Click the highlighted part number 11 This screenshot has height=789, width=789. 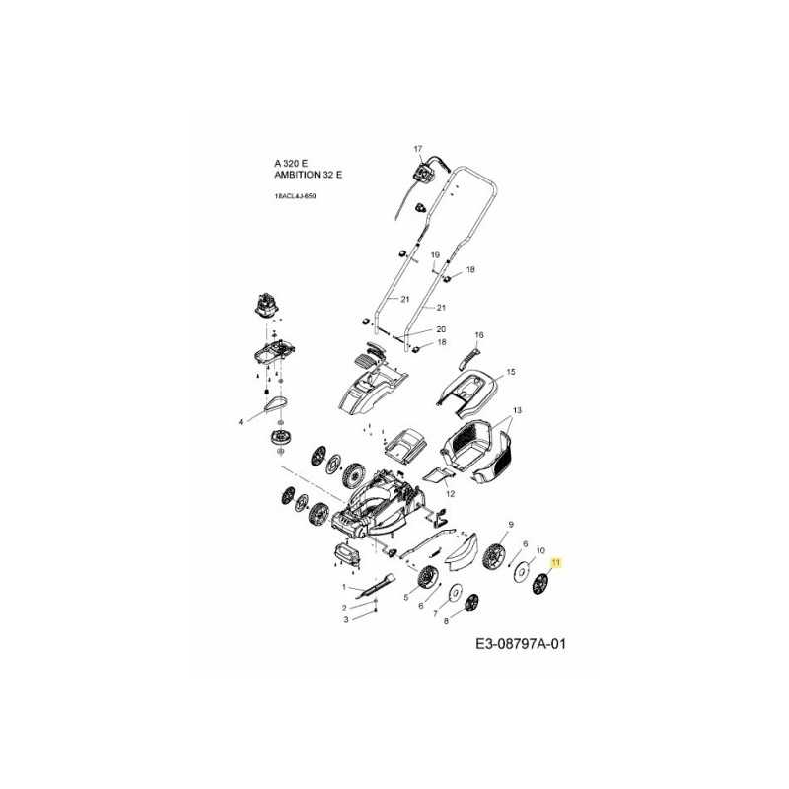click(555, 563)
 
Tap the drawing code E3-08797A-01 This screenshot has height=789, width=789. click(521, 645)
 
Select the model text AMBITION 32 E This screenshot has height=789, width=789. click(309, 175)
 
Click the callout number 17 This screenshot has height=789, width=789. click(417, 149)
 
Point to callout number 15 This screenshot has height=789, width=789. click(511, 373)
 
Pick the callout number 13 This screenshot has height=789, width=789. click(516, 409)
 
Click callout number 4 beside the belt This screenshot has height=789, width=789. click(240, 423)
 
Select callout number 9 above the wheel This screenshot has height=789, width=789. click(511, 524)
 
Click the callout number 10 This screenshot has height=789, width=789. click(539, 551)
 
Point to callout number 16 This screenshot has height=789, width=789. click(480, 335)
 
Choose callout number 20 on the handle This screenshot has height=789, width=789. click(441, 328)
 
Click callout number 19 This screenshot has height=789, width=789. click(435, 255)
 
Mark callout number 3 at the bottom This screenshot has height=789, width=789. click(345, 620)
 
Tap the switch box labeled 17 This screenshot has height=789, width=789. click(427, 172)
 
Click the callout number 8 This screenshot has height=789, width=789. click(446, 622)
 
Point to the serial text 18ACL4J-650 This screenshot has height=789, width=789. click(295, 197)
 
